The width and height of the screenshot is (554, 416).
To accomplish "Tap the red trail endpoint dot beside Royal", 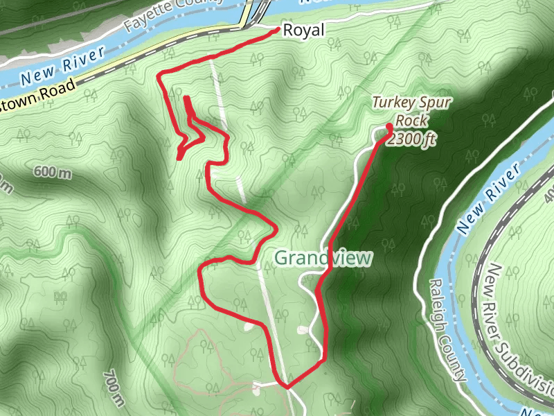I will click(278, 30).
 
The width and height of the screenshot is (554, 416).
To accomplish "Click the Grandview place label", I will click(323, 258).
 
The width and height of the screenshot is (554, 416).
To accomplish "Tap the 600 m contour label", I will click(52, 173).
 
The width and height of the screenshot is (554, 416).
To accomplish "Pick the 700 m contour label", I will click(114, 388).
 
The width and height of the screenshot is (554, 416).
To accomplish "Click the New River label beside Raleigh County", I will click(488, 199).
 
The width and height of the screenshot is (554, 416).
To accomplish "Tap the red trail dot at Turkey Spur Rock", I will click(389, 126).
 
